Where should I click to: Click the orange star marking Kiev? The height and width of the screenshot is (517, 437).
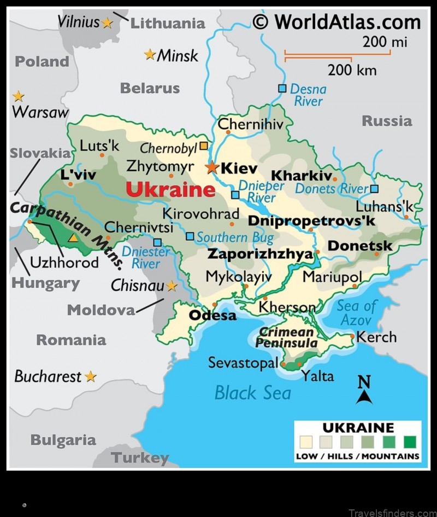pos(212,167)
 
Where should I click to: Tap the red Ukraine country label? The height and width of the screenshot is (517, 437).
pos(170,190)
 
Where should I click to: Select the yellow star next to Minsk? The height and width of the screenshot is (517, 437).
pos(150,54)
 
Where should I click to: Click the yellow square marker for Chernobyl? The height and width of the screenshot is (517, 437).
pos(203,146)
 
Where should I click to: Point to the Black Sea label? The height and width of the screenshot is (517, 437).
pos(252,392)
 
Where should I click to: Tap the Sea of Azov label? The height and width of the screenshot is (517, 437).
pos(356,313)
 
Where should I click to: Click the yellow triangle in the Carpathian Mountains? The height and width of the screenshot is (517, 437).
pos(73,238)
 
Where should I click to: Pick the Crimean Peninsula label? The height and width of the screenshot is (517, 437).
pos(286,338)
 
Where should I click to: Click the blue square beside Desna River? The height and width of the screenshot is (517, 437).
pos(282,88)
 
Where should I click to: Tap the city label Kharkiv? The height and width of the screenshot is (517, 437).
pos(302,176)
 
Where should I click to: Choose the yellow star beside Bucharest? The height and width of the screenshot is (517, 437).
pos(91,376)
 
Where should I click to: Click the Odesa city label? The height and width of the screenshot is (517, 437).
pos(212,316)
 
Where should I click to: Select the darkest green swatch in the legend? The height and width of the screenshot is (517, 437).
pos(410,442)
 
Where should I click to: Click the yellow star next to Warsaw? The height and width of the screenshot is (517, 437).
pos(19,96)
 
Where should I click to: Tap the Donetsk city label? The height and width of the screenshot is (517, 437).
pos(359,246)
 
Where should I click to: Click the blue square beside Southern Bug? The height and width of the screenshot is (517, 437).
pos(190,236)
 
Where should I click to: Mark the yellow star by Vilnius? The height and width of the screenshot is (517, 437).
pos(107,22)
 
